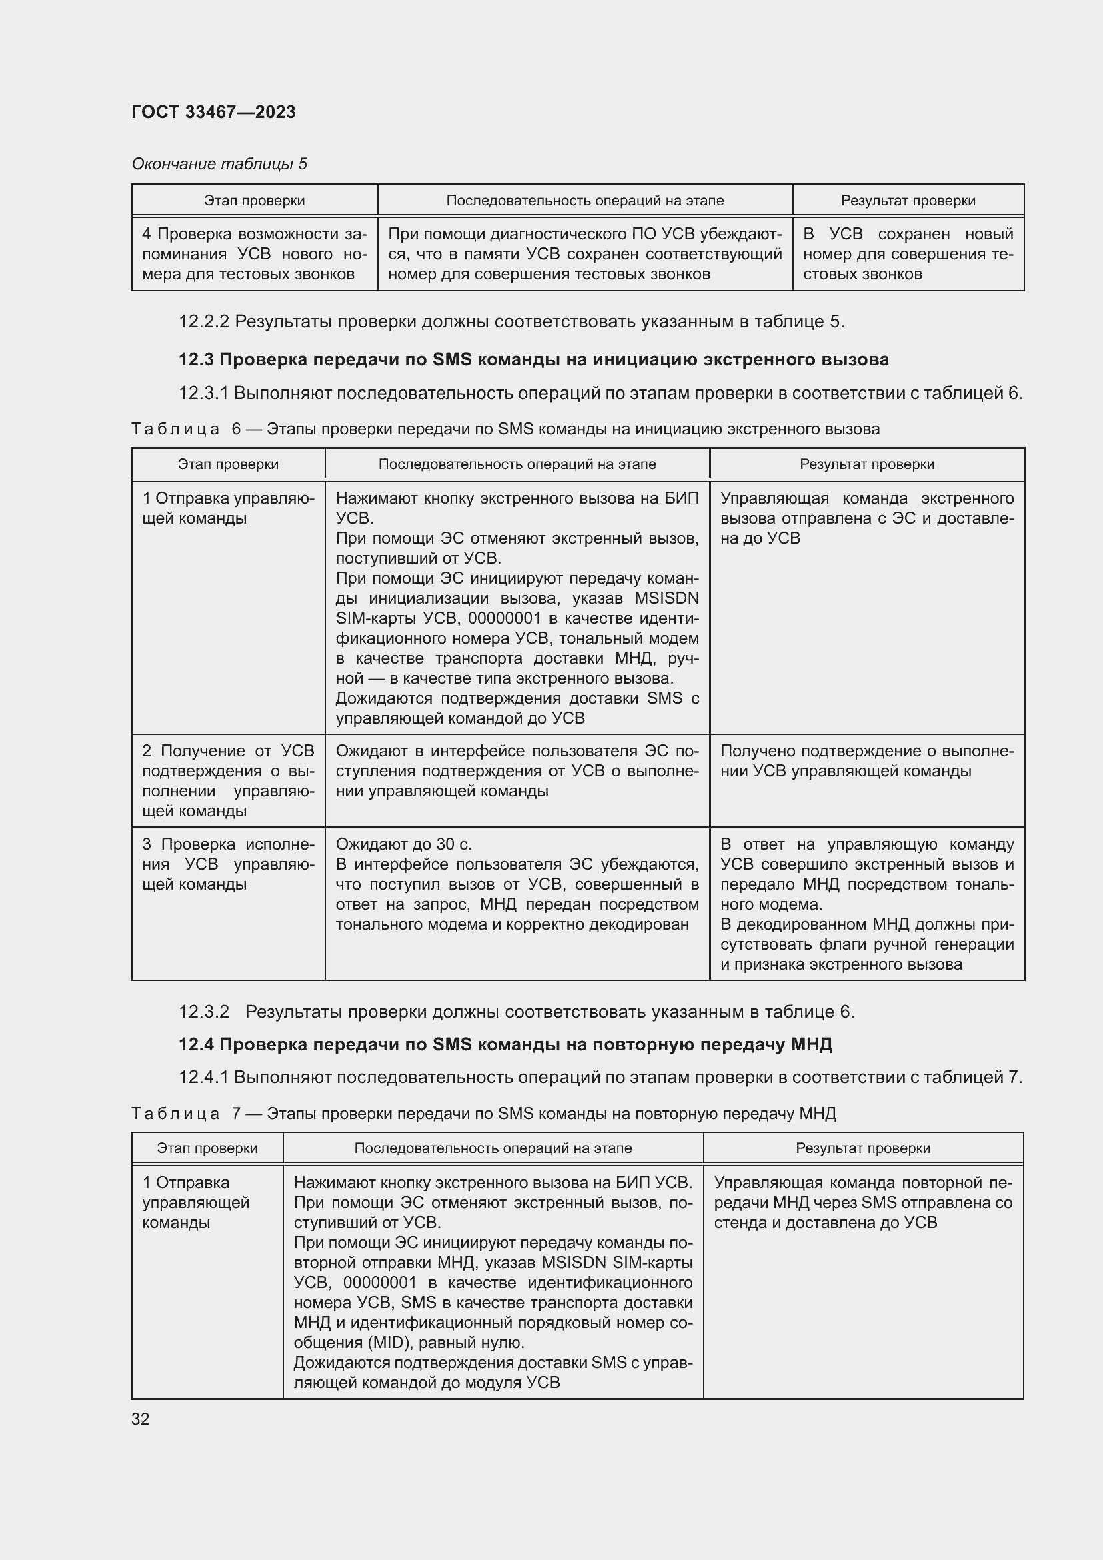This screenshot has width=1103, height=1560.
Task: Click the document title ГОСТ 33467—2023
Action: tap(213, 112)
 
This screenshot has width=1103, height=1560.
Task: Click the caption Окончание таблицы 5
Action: tap(219, 164)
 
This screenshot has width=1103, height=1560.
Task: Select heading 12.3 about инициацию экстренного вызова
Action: tap(533, 359)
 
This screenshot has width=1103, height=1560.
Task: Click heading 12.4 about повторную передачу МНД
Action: tap(505, 1044)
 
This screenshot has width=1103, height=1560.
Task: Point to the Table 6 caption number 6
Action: tap(236, 429)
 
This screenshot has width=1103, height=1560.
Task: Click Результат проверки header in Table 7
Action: tap(862, 1148)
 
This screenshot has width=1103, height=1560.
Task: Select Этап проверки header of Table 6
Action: tap(228, 464)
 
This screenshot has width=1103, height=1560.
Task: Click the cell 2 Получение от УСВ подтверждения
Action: tap(228, 780)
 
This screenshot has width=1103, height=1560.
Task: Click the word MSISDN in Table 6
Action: tap(666, 598)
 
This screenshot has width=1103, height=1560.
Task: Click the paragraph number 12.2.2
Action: tap(204, 321)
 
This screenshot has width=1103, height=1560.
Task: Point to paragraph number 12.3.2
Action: tap(204, 1012)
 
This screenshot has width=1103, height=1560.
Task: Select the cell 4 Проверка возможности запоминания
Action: tap(254, 254)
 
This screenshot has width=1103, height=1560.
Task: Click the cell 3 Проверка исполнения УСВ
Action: tap(228, 864)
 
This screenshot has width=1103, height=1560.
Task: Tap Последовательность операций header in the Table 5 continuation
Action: tap(585, 201)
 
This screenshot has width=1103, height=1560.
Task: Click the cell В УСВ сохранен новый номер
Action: tap(908, 254)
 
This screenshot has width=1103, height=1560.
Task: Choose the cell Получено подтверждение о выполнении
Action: tap(866, 761)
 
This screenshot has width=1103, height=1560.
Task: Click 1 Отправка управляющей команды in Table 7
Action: tap(196, 1202)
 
